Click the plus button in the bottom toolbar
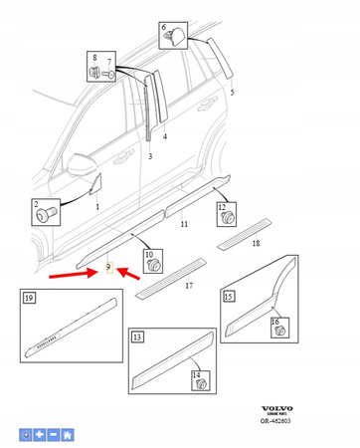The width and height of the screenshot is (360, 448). point(39,435)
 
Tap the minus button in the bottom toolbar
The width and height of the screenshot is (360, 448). point(53,435)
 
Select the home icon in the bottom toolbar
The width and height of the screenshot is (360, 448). point(67,435)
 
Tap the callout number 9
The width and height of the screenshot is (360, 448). point(107,270)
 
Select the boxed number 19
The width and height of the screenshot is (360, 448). point(29,298)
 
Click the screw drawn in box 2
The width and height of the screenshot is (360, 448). point(47,212)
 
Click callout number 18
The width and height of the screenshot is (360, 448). point(256,242)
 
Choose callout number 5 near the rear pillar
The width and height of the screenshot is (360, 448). point(233,92)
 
